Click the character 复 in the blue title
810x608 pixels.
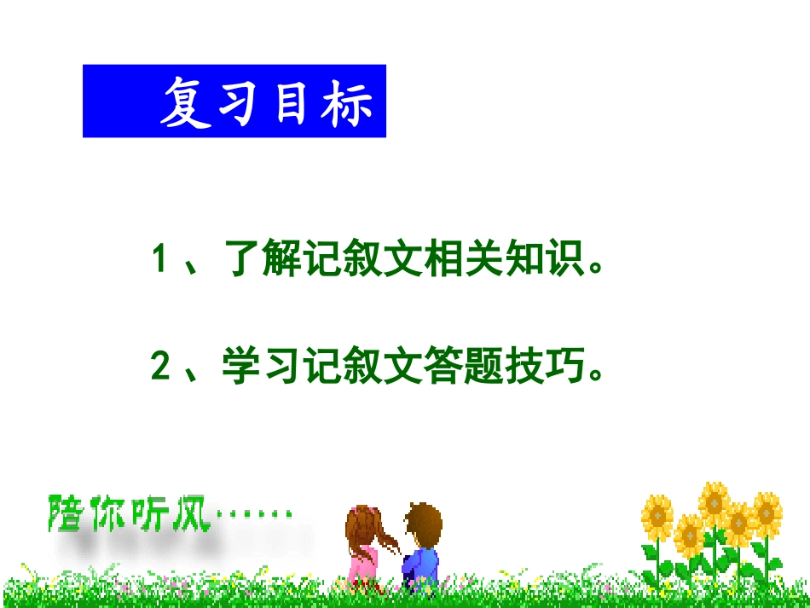187,103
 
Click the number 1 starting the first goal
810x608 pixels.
159,258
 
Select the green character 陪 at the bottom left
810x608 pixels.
67,512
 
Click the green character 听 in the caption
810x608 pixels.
152,512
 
